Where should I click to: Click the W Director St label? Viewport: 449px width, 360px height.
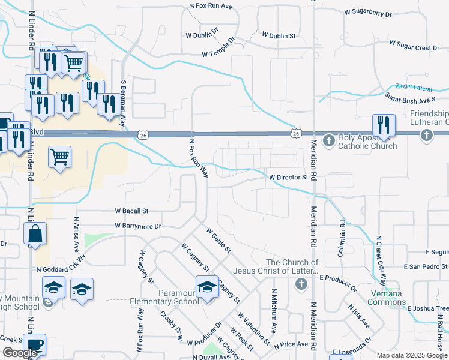288,178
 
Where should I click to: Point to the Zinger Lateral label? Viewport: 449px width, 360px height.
414,88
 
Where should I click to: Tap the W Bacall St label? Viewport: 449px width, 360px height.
131,211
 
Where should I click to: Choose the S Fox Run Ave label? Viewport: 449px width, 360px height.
211,6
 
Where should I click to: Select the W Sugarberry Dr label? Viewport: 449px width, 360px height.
376,13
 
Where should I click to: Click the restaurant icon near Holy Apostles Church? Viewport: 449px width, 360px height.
384,125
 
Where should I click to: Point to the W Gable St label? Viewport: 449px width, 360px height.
218,239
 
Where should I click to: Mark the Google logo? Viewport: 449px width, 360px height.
20,353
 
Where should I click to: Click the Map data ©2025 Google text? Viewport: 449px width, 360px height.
411,355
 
